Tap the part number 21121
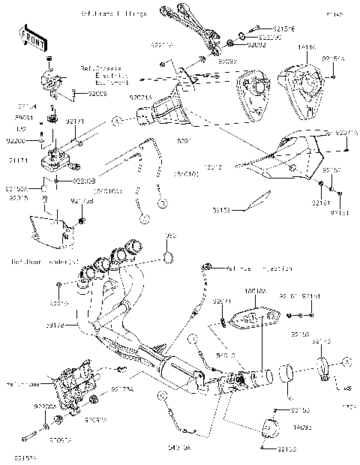pyautogui.click(x=19, y=160)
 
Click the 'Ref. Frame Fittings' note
pyautogui.click(x=113, y=14)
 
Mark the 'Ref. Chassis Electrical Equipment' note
pyautogui.click(x=117, y=76)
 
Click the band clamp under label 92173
pyautogui.click(x=325, y=369)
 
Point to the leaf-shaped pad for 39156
pyautogui.click(x=259, y=199)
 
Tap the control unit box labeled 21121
pyautogui.click(x=58, y=160)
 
